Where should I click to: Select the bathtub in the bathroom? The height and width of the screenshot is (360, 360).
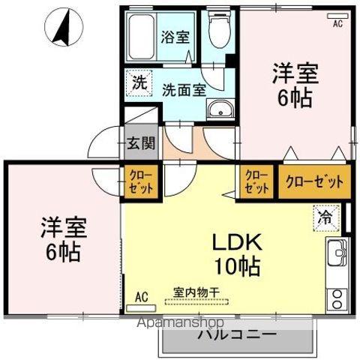(x=141, y=34)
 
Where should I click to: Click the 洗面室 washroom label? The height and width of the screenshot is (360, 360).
(x=184, y=88)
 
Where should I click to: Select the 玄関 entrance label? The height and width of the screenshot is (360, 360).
(x=140, y=144)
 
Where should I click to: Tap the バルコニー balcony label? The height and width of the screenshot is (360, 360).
(x=237, y=334)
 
